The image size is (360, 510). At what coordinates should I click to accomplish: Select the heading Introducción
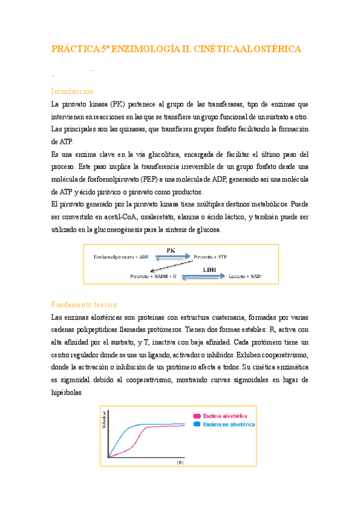(x=72, y=91)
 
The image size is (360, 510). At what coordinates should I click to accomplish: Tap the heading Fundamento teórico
(x=84, y=305)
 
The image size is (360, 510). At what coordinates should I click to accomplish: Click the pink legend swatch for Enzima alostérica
(x=196, y=416)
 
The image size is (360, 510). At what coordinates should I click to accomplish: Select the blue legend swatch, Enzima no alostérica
(x=196, y=424)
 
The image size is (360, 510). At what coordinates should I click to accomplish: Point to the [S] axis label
(x=179, y=463)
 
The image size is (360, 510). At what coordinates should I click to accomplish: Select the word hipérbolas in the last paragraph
(x=67, y=392)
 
